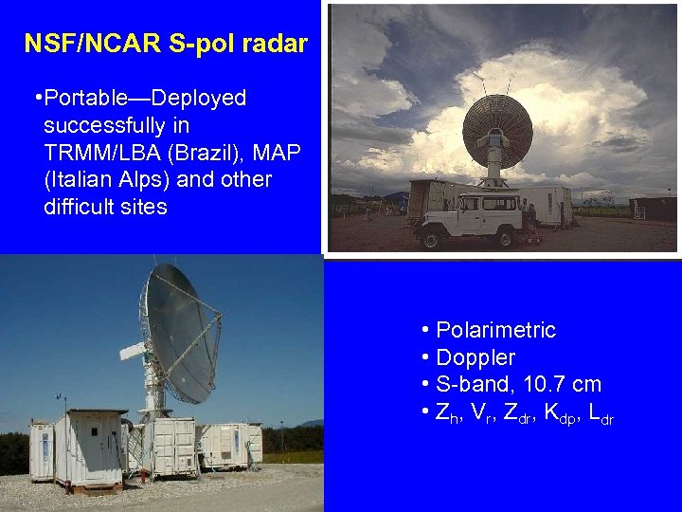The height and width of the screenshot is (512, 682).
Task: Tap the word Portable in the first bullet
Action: [94, 98]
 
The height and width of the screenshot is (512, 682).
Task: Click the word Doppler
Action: [476, 357]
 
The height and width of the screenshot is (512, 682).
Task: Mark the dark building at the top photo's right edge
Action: [654, 209]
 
